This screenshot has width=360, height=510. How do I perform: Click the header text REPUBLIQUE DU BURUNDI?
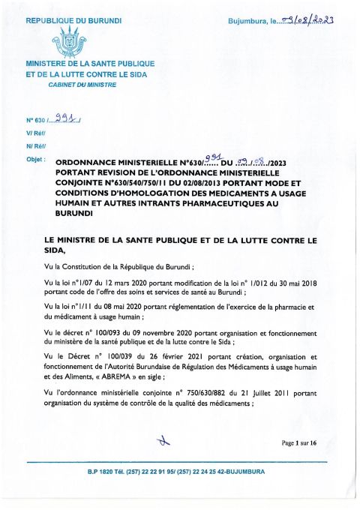tap(73, 15)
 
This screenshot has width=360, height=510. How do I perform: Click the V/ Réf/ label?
tap(36, 133)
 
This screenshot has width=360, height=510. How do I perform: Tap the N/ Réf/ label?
tap(36, 146)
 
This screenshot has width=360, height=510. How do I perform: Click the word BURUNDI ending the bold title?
tap(73, 212)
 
